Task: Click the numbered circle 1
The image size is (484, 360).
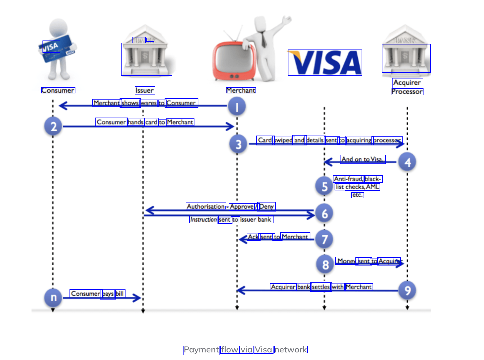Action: pyautogui.click(x=237, y=107)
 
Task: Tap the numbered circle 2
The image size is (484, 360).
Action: pyautogui.click(x=53, y=126)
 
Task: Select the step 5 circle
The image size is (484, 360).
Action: pyautogui.click(x=324, y=186)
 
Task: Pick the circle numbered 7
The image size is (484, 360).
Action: pyautogui.click(x=324, y=239)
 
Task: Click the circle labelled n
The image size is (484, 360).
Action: pyautogui.click(x=53, y=297)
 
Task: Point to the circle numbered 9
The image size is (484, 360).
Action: pyautogui.click(x=407, y=290)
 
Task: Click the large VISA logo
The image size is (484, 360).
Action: pyautogui.click(x=325, y=63)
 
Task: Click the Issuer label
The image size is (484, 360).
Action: pyautogui.click(x=145, y=90)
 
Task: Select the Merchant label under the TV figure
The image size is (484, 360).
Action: pyautogui.click(x=241, y=90)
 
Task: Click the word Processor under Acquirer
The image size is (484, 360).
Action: pyautogui.click(x=407, y=92)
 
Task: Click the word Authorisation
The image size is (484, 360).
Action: pyautogui.click(x=206, y=206)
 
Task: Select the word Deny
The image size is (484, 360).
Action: pyautogui.click(x=266, y=206)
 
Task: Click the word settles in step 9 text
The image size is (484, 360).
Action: pyautogui.click(x=321, y=287)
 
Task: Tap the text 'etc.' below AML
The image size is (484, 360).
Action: pyautogui.click(x=357, y=195)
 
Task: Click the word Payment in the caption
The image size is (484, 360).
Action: pyautogui.click(x=201, y=350)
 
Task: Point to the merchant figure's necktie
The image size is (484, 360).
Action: pyautogui.click(x=263, y=39)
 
